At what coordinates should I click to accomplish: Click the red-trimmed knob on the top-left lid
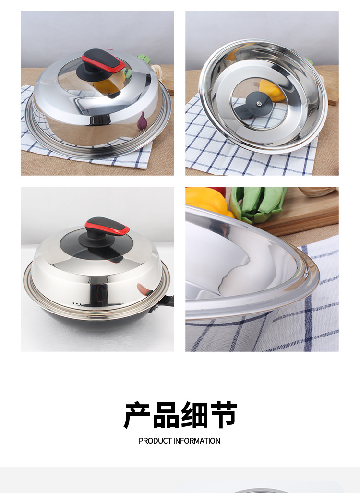[x=104, y=61]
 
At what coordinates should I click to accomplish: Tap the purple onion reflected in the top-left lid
[x=142, y=121]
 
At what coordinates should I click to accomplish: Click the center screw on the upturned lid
[x=259, y=104]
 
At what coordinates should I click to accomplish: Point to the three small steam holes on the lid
[x=77, y=304]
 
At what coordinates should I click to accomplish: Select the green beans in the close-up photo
[x=258, y=203]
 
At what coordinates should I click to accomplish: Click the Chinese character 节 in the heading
[x=223, y=415]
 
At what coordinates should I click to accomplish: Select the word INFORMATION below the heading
[x=197, y=441]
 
